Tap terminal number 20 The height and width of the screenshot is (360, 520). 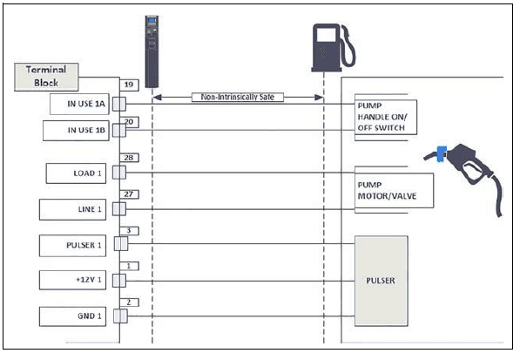[x=128, y=122]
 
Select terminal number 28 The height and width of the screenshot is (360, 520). [x=128, y=158]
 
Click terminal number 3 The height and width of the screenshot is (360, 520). [x=128, y=229]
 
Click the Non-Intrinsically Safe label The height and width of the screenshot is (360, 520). [x=237, y=98]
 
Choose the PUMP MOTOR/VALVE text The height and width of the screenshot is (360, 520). [x=387, y=190]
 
